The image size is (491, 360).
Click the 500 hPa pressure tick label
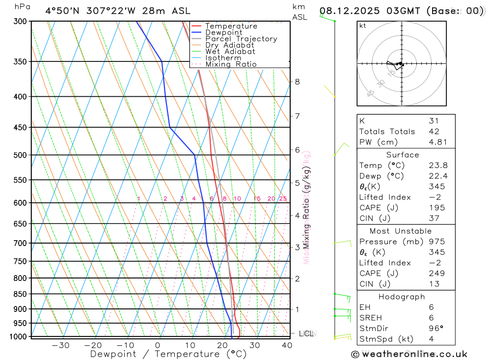21,155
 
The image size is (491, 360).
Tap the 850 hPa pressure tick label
21,294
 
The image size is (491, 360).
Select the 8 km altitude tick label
297,82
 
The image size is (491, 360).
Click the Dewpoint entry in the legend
224,32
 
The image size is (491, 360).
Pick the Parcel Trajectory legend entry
241,39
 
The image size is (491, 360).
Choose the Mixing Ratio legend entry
231,64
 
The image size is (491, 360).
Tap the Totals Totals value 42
434,132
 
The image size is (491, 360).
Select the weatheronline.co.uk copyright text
409,354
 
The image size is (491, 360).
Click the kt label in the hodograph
363,26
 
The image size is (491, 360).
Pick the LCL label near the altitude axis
306,334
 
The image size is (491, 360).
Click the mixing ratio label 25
283,198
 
